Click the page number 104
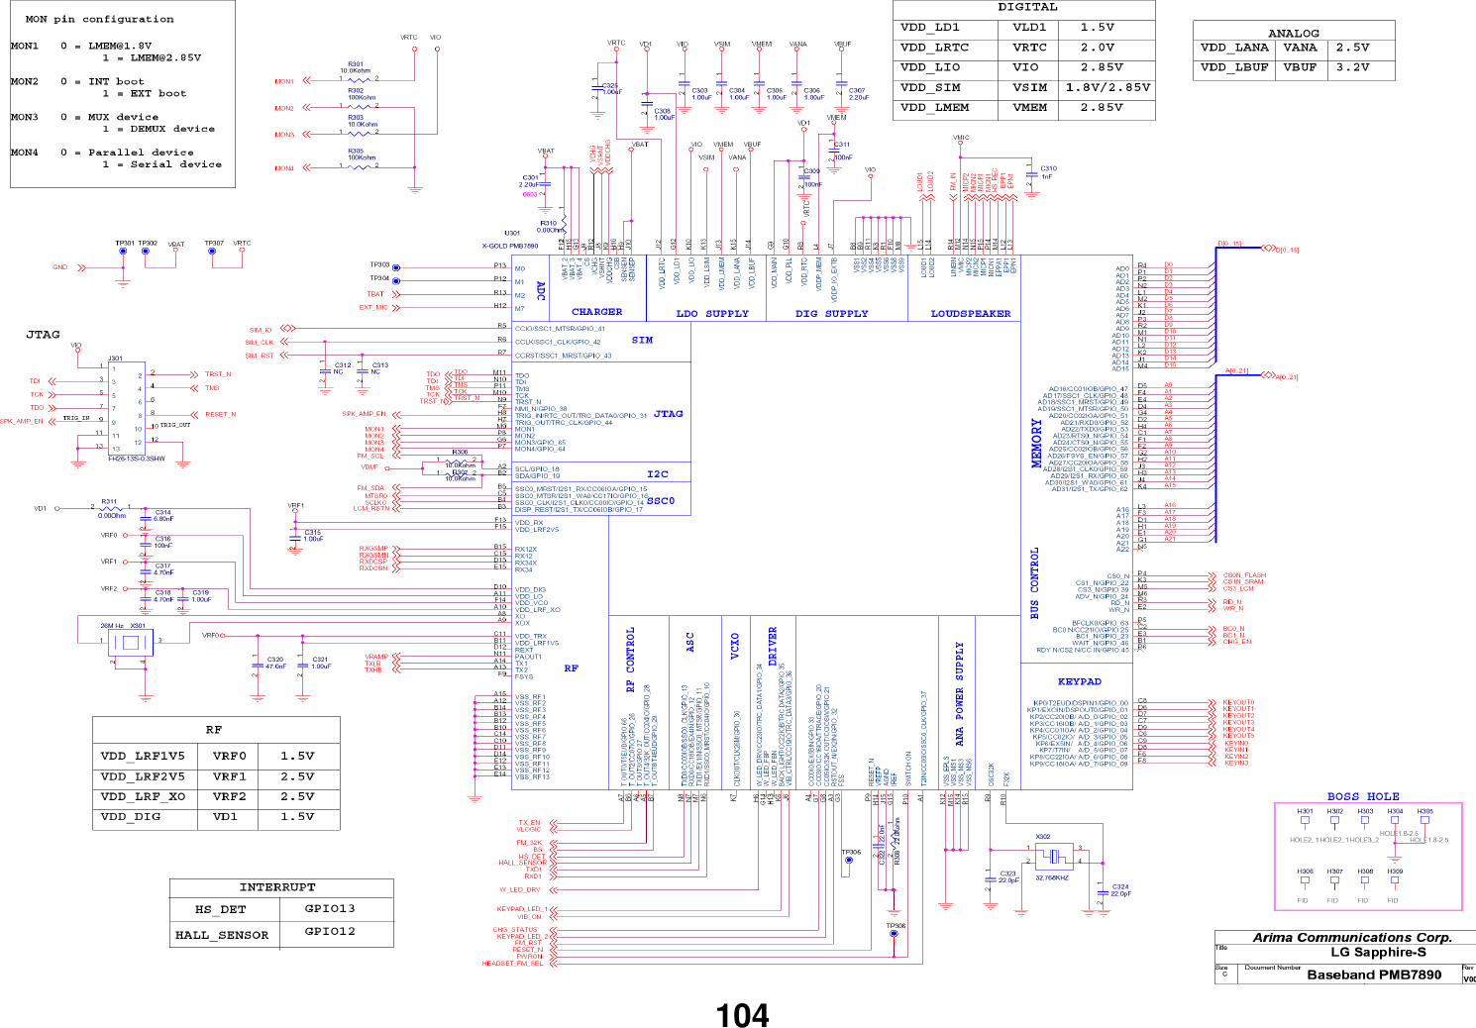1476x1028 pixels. [x=742, y=1015]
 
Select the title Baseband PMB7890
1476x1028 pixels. [x=1374, y=975]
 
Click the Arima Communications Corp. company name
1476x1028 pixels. [x=1352, y=937]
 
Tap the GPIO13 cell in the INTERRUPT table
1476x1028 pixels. [x=330, y=908]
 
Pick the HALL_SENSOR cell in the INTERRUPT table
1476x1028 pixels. [x=222, y=935]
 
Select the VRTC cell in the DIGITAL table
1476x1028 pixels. [x=1029, y=48]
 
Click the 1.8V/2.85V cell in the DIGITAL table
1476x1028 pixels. [x=1107, y=87]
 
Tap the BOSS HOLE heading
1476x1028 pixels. [x=1363, y=796]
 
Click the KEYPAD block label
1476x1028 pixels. [x=1079, y=681]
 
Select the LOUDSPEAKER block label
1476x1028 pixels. [x=971, y=314]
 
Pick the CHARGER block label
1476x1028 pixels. [x=596, y=312]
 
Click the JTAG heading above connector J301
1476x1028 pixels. [x=43, y=335]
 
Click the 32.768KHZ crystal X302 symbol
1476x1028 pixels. [x=1054, y=856]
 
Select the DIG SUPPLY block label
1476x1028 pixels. [x=831, y=314]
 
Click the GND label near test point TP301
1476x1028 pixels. [x=60, y=267]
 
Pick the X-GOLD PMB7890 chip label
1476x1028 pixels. [x=509, y=246]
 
